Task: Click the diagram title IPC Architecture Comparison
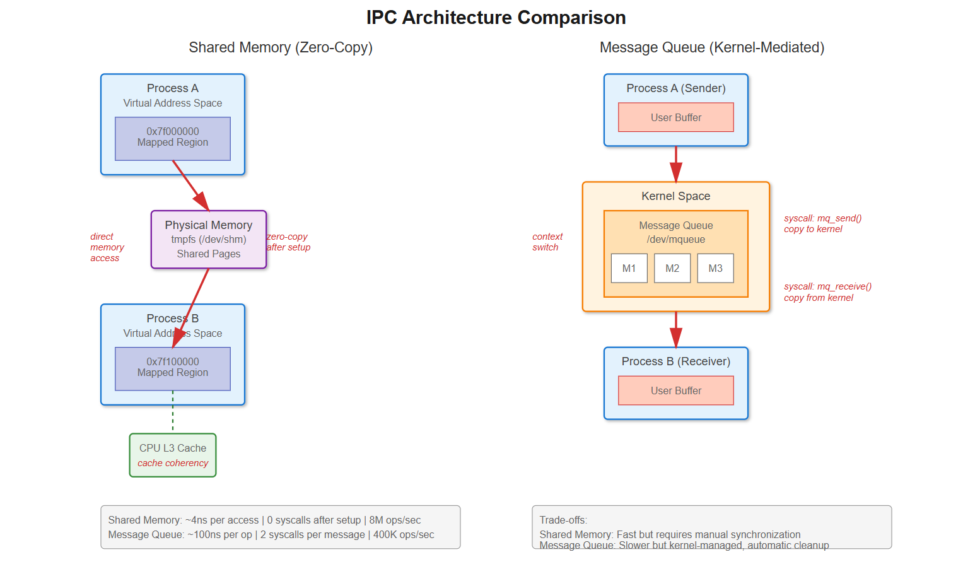tap(496, 18)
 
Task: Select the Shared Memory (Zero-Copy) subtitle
tap(281, 47)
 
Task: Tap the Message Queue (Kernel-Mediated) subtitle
tap(711, 47)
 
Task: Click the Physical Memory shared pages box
tap(209, 240)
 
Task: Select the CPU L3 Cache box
tap(173, 455)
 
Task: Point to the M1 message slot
tap(629, 268)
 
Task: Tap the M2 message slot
tap(672, 268)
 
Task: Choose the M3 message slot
tap(715, 268)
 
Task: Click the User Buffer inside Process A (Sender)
tap(676, 117)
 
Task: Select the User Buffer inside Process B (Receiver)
tap(676, 390)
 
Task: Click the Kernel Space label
tap(676, 196)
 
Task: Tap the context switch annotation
tap(547, 242)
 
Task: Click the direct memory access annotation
tap(107, 247)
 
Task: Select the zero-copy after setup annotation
tap(288, 242)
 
